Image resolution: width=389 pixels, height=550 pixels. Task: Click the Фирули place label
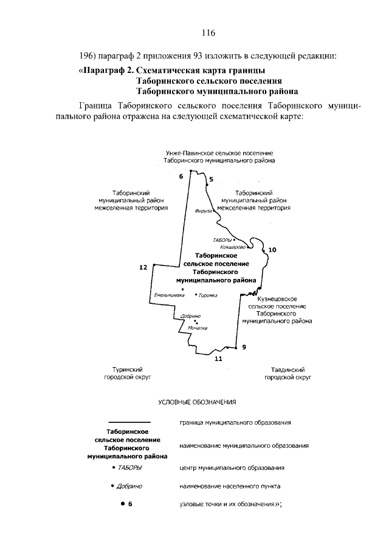[x=202, y=211]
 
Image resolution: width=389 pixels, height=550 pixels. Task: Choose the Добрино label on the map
[x=190, y=316]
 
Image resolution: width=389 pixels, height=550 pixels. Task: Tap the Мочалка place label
[x=198, y=328]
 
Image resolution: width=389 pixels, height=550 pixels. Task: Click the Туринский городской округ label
[x=128, y=373]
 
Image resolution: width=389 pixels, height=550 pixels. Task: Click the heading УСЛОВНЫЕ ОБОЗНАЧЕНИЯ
[x=196, y=402]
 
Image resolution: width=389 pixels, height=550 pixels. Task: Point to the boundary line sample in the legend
[x=128, y=422]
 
